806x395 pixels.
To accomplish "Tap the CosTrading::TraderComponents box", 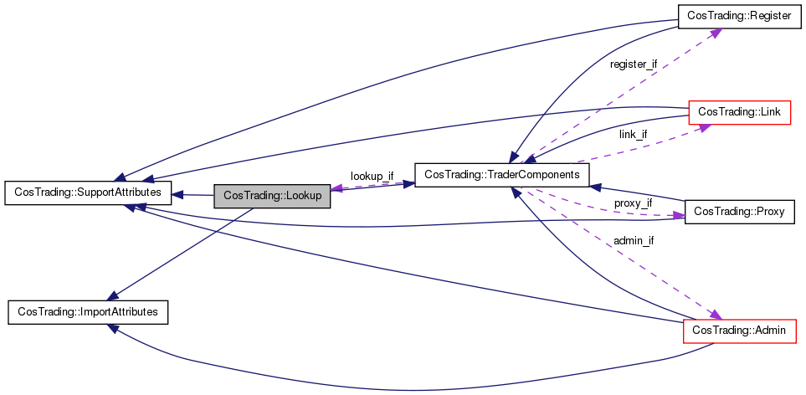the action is (501, 175).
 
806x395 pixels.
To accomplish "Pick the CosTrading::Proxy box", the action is (740, 211).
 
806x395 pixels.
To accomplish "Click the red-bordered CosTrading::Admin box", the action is (739, 331).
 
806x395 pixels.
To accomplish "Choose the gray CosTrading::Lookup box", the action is (272, 196).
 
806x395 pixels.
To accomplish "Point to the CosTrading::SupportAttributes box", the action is (87, 192).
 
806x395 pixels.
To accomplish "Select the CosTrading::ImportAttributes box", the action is (88, 312).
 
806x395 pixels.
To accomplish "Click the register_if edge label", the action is (633, 64).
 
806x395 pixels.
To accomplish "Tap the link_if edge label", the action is (633, 134).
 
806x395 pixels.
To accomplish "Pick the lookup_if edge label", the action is (372, 177).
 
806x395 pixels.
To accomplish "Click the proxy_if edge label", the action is (633, 203).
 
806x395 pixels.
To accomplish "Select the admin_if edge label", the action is (634, 240).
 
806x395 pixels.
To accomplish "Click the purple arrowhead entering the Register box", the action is (714, 33).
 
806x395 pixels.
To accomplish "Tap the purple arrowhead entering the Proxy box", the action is (679, 216).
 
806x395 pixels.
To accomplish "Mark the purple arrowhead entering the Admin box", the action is (716, 314).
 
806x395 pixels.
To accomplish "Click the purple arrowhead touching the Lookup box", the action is (336, 188).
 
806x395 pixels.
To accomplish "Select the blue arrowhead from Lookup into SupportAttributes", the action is (177, 195).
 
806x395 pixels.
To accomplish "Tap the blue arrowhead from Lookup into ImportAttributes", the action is (113, 295).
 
